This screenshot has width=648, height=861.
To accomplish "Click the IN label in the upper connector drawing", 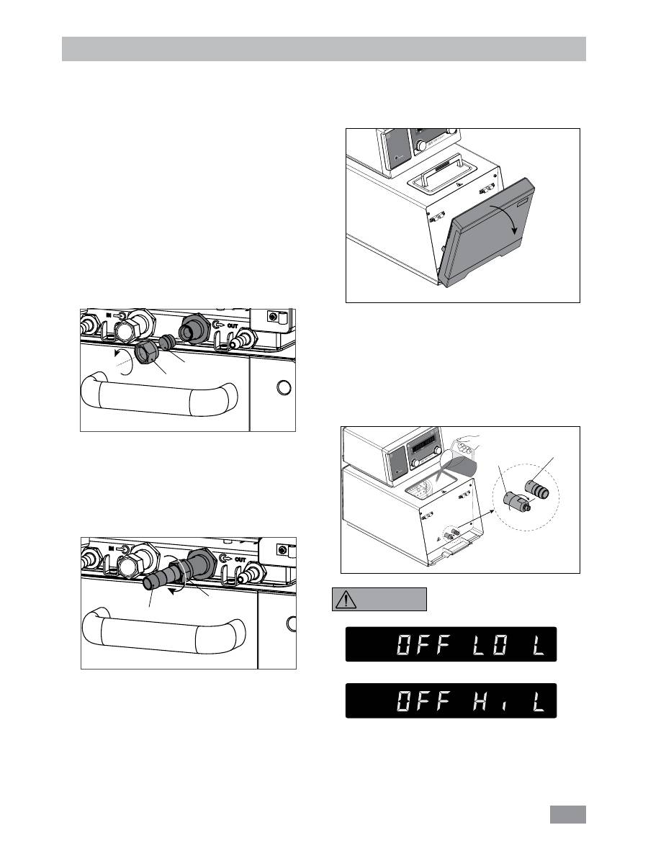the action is tap(109, 315).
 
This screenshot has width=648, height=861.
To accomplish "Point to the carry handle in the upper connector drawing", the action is tap(159, 395).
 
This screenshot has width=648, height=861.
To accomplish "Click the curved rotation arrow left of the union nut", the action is tap(124, 361).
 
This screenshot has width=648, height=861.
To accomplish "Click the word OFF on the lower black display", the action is tap(423, 701).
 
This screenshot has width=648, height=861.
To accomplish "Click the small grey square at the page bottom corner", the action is tap(568, 814).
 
